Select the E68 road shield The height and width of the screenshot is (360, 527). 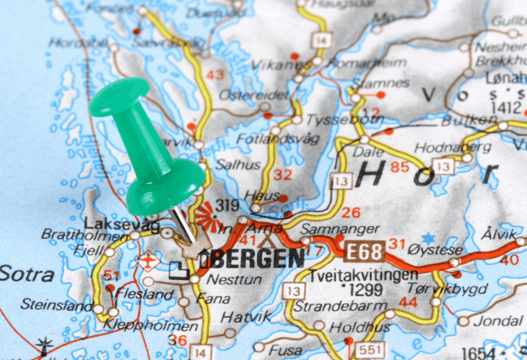coord(364,249)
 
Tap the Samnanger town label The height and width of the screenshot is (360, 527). coord(340,229)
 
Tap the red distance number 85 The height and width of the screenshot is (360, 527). coord(400,167)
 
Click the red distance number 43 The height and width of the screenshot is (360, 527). coord(215,74)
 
